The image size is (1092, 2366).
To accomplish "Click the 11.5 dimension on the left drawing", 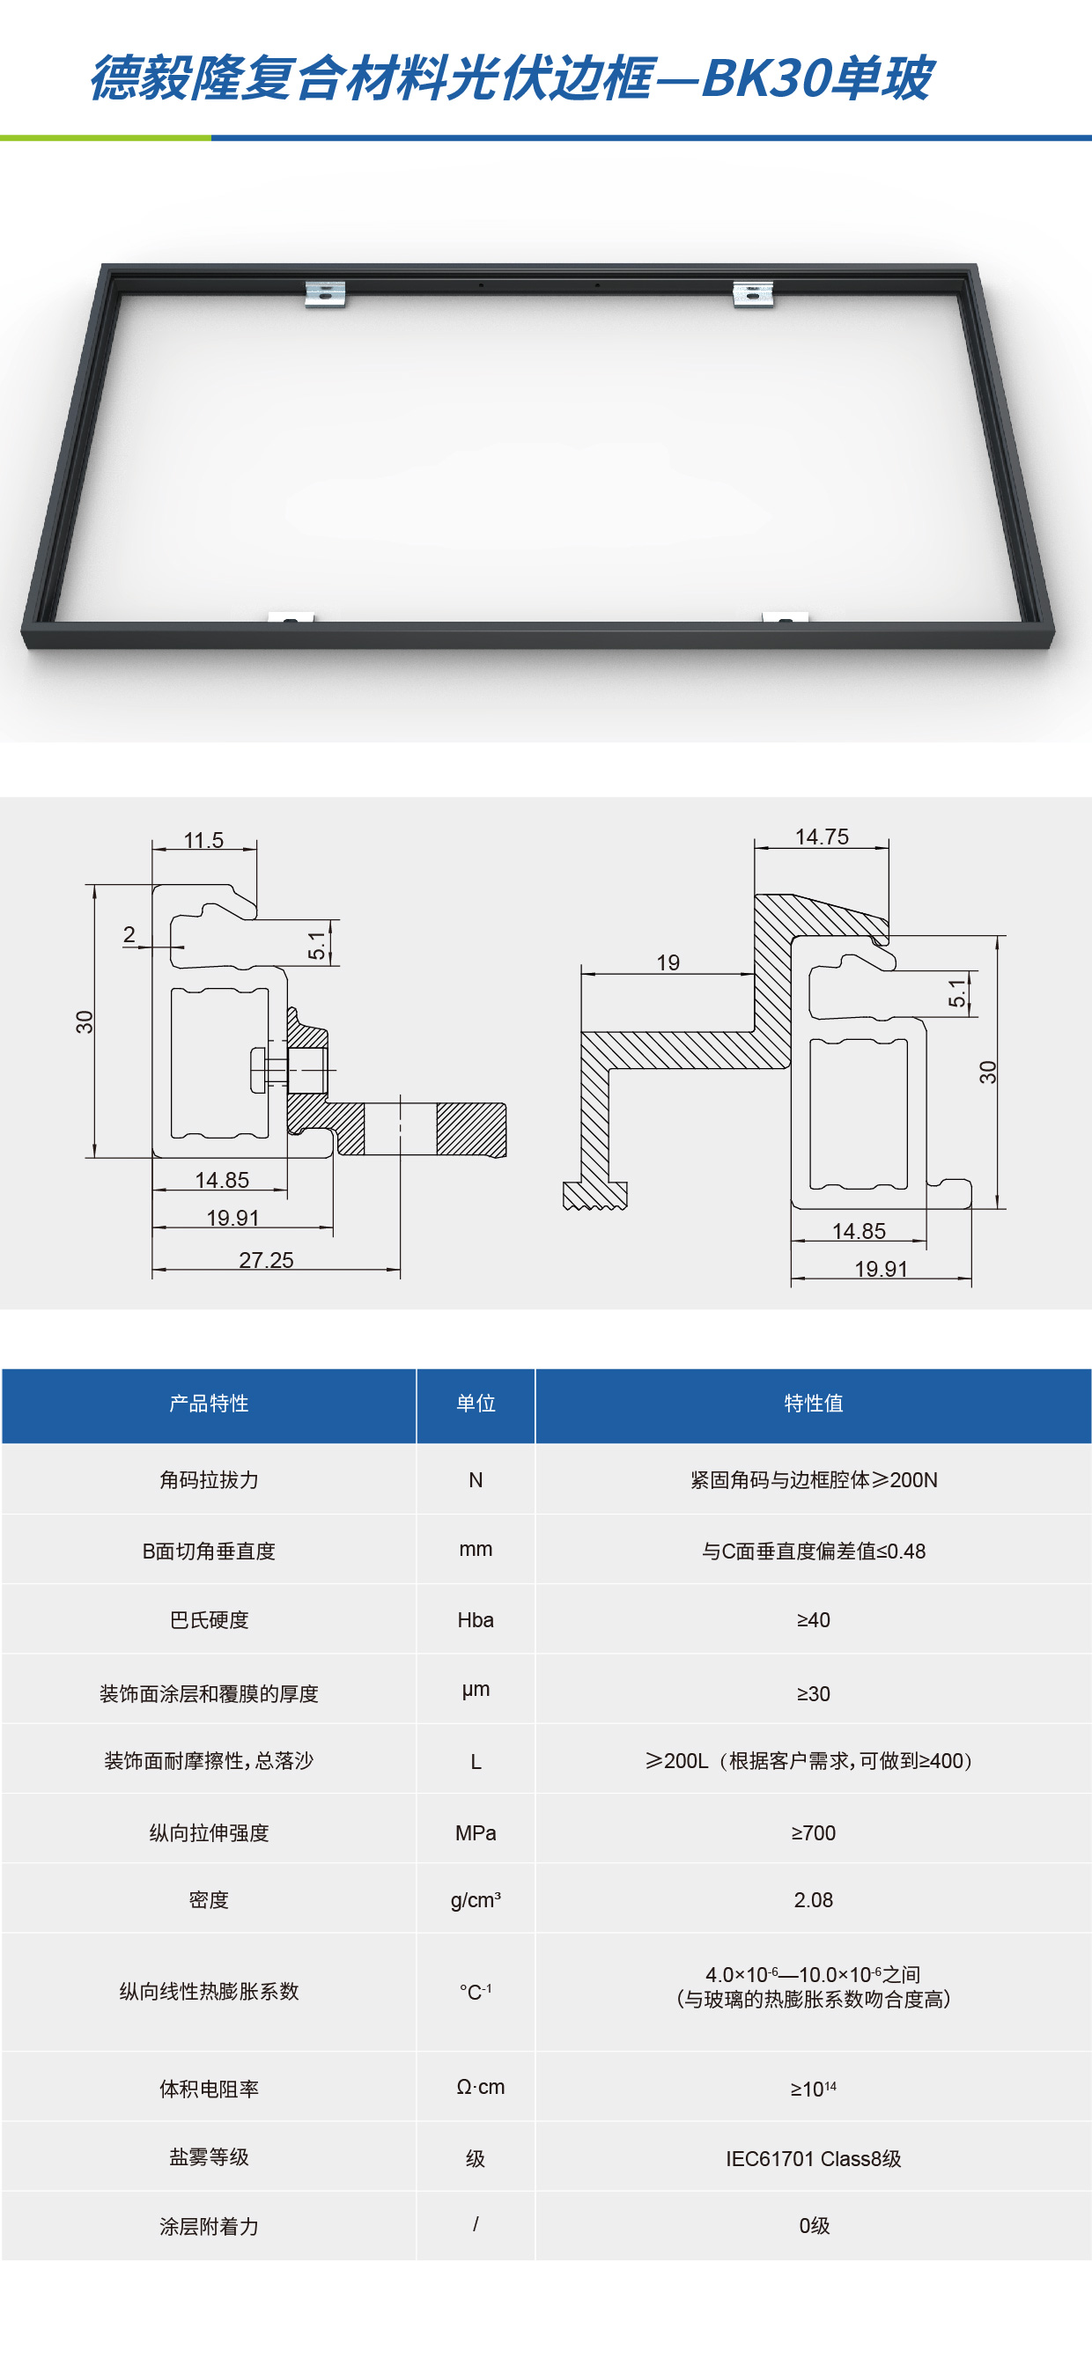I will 203,839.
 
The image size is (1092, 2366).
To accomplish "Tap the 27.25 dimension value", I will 266,1259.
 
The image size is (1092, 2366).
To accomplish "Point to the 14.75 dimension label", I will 821,837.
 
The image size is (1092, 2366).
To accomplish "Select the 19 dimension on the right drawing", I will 668,962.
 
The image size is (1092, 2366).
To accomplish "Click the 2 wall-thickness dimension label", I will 129,934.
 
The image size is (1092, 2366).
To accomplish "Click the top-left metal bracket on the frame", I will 325,293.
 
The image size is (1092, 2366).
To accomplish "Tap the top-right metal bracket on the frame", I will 753,293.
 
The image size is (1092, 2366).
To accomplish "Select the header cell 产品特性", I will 210,1404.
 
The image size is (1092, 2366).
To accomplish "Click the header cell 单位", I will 476,1404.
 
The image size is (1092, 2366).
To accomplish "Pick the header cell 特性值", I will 813,1404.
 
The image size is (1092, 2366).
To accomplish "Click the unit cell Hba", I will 476,1620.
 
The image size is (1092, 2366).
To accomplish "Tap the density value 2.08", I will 813,1899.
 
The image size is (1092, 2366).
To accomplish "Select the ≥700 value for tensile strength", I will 813,1833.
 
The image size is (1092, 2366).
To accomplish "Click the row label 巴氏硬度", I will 210,1620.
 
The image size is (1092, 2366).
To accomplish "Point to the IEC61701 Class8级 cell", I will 813,2158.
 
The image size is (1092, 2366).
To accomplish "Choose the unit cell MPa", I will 476,1833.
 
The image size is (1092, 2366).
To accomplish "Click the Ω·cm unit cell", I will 480,2087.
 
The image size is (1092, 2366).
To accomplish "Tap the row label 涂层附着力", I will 210,2226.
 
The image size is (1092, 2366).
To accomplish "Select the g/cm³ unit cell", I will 476,1899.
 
